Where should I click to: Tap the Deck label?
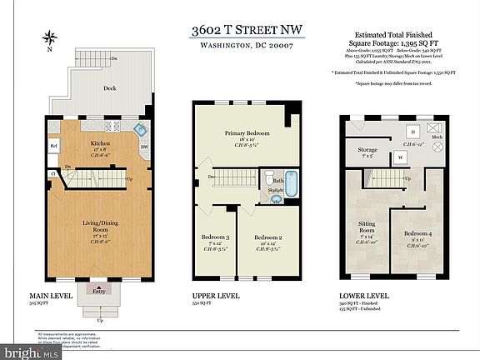coord(108,87)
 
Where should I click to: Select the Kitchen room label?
coord(101,142)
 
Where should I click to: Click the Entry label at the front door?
coord(100,291)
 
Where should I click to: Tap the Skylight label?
coord(276,191)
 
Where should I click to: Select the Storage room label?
coord(367,150)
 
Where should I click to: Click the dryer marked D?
coord(413,132)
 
